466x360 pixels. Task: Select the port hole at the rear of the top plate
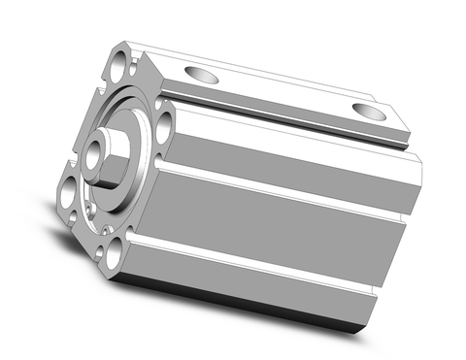tap(368, 109)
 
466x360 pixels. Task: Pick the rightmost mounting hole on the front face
tap(164, 122)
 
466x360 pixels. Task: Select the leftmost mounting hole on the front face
tap(68, 193)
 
